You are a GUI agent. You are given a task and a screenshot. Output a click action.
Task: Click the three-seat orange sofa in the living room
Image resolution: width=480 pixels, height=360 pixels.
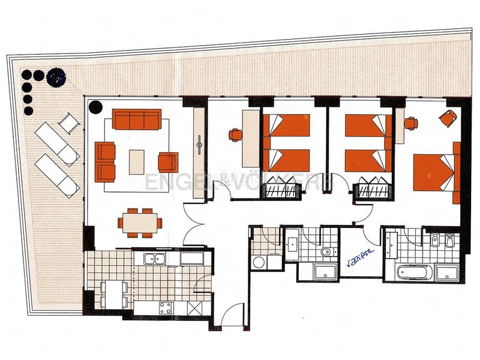(x=137, y=119)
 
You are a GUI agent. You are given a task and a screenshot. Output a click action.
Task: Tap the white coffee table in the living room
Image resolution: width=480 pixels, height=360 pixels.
(x=137, y=160)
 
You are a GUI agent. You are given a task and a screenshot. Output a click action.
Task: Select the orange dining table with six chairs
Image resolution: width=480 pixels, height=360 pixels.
(x=141, y=221)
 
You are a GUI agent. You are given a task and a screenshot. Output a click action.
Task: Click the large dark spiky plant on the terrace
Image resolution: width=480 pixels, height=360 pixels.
(x=56, y=77)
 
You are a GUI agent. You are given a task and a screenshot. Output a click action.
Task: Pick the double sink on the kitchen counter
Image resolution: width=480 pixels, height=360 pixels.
(x=155, y=260)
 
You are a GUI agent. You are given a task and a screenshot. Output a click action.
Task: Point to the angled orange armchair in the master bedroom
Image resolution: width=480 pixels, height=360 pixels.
(x=448, y=118)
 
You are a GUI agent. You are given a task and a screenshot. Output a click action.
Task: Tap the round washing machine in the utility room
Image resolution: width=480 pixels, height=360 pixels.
(x=259, y=262)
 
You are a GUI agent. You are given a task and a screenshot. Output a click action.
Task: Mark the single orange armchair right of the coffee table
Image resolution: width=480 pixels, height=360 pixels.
(x=168, y=161)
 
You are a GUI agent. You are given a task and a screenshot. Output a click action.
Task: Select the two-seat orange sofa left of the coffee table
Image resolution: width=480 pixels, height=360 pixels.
(x=106, y=161)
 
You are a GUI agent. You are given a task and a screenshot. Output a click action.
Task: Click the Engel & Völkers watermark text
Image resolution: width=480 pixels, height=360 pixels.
(x=240, y=180)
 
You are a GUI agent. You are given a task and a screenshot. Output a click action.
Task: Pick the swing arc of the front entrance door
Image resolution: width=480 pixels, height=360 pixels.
(x=233, y=314)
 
